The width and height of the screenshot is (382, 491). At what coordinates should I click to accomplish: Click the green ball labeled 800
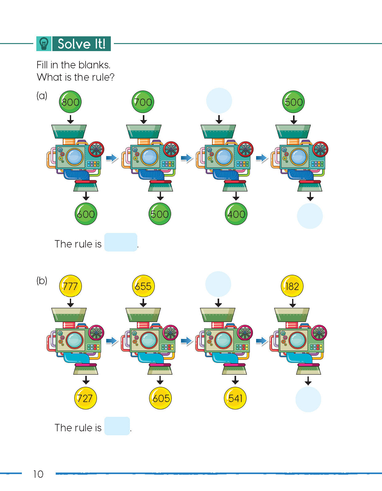coord(70,102)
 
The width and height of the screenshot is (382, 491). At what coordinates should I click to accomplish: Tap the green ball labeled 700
coord(143,102)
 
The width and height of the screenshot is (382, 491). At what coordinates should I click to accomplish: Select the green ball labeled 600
coord(86,214)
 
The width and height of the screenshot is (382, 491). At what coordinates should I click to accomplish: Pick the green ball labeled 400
coord(236,214)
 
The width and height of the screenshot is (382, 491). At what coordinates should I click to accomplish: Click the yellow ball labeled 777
coord(70,286)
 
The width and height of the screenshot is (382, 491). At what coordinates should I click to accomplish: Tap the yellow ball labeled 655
coord(143,286)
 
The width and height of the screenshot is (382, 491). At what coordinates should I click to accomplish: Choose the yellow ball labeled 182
coord(292,286)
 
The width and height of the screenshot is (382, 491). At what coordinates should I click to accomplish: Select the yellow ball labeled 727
coord(86,398)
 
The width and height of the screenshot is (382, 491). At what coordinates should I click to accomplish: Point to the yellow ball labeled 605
coord(160,398)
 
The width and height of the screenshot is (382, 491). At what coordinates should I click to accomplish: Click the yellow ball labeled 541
coord(235,398)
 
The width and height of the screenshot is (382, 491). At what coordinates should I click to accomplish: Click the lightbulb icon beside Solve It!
coord(44,44)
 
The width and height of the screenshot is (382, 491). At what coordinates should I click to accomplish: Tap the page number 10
coord(38,474)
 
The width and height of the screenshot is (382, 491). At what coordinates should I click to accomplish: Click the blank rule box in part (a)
coord(121,242)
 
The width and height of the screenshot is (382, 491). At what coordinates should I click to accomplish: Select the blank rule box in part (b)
coord(117,426)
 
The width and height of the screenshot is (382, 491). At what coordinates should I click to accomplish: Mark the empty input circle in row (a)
coord(219,101)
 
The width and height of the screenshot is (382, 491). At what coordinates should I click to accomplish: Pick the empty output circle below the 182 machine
coord(308,399)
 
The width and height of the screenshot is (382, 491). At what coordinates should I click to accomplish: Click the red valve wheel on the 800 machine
coord(96,149)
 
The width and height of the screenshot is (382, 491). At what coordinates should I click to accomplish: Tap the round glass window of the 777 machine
coord(75,340)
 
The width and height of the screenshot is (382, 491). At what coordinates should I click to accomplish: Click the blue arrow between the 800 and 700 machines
coord(111,158)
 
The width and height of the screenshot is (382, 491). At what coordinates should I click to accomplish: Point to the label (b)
coord(42,280)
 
